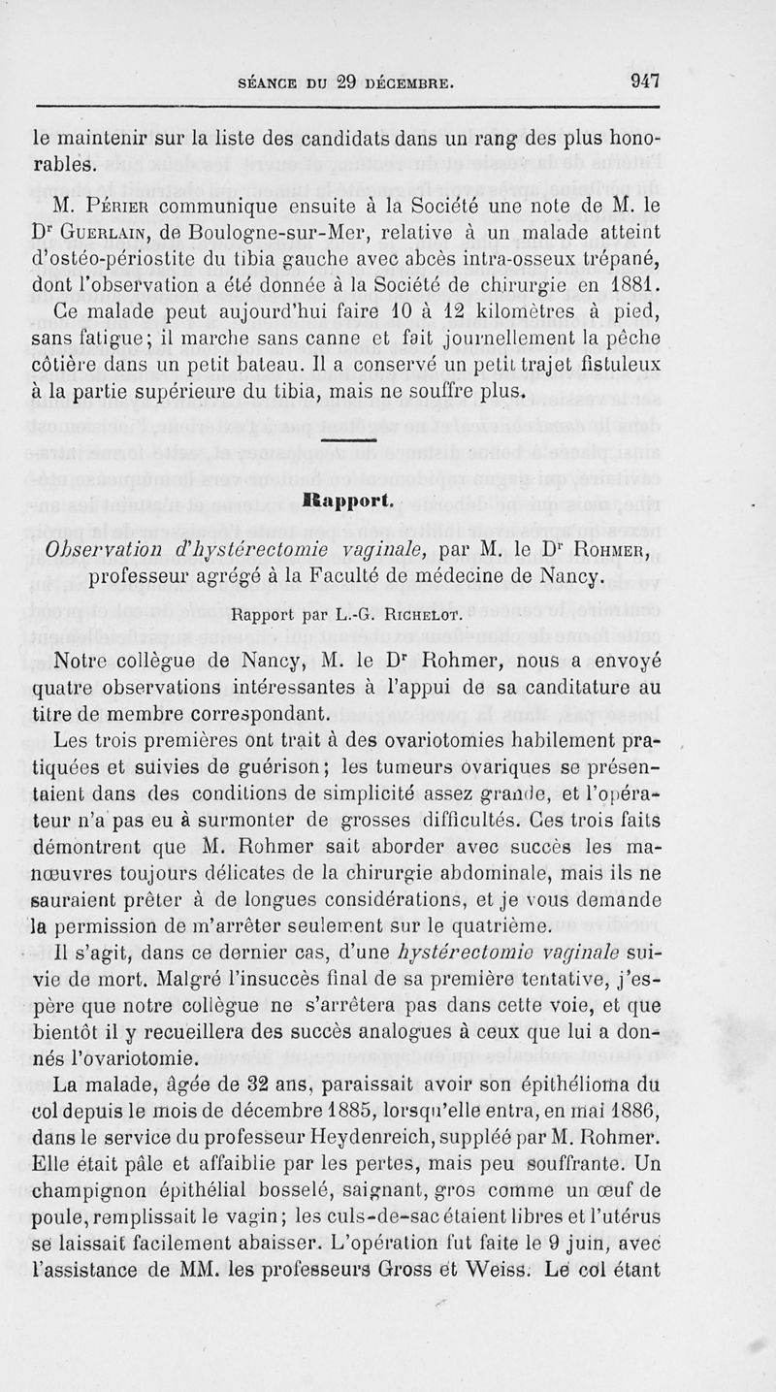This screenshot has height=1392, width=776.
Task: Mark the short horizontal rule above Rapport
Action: (347, 441)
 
